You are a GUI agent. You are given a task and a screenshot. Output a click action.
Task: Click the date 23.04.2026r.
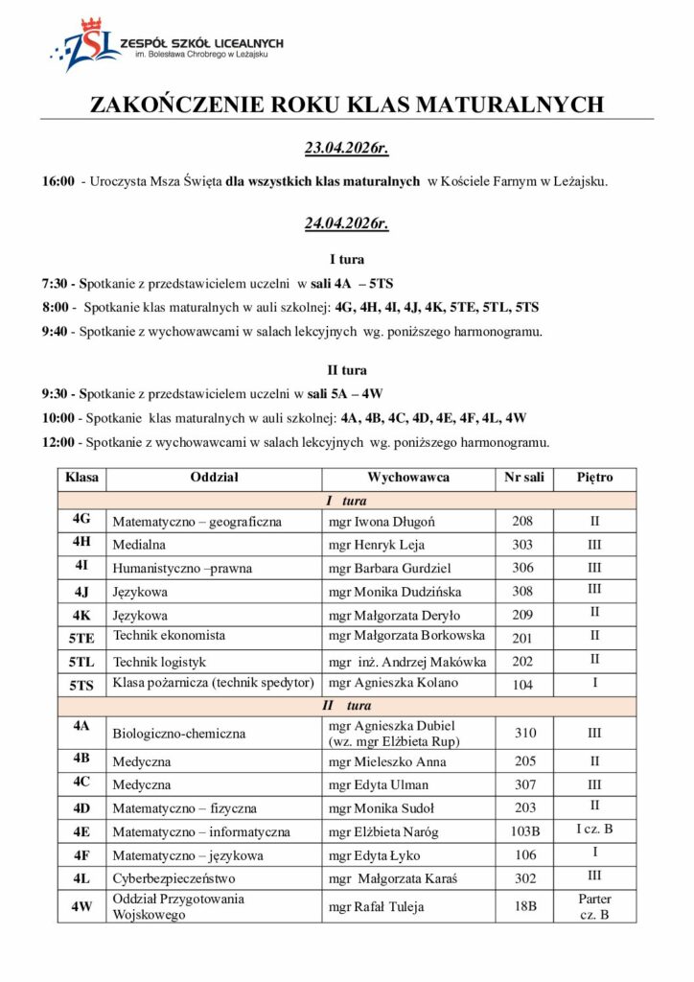(346, 149)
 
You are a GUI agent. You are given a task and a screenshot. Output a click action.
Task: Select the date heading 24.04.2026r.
(346, 225)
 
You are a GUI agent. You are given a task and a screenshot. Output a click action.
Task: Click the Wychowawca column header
(408, 478)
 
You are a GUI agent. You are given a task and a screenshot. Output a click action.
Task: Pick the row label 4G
(81, 519)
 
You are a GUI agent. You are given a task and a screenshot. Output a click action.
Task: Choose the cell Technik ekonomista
(170, 636)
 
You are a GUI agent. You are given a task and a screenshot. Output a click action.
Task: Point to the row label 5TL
(81, 662)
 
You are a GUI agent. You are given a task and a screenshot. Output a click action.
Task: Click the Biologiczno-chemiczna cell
(179, 734)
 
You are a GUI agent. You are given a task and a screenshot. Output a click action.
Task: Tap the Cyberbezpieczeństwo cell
(174, 877)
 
